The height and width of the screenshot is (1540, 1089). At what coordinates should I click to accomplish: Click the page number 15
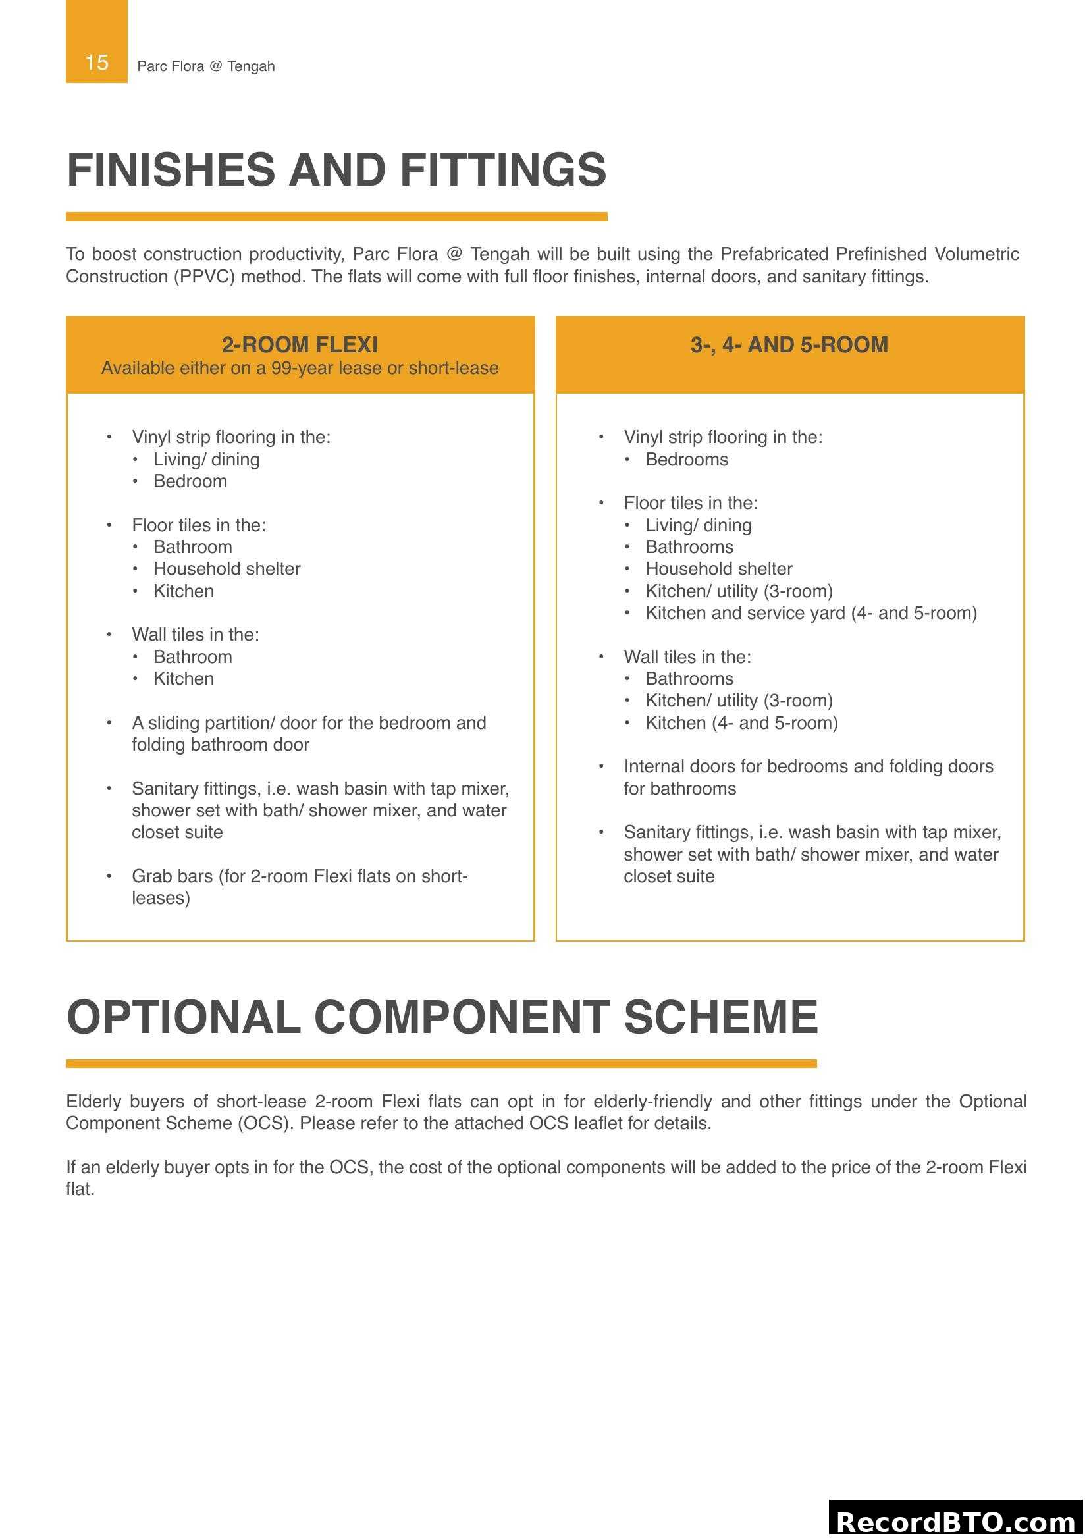pyautogui.click(x=97, y=63)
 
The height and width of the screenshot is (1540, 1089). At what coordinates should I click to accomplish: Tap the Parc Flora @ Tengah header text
pyautogui.click(x=206, y=66)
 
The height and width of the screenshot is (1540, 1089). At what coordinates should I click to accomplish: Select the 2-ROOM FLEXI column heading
pyautogui.click(x=300, y=345)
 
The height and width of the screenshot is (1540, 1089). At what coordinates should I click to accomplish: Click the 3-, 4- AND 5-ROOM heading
pyautogui.click(x=789, y=345)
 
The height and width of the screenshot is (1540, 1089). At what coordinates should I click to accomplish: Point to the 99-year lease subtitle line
pyautogui.click(x=300, y=368)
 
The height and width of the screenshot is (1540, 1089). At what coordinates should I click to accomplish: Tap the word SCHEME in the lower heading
pyautogui.click(x=721, y=1017)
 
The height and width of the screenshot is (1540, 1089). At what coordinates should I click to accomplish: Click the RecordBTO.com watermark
pyautogui.click(x=955, y=1521)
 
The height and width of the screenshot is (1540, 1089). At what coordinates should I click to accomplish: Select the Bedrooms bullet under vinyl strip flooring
pyautogui.click(x=687, y=460)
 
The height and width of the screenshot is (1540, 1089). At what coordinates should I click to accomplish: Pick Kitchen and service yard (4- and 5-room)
pyautogui.click(x=810, y=613)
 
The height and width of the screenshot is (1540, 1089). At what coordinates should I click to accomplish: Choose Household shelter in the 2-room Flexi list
pyautogui.click(x=226, y=569)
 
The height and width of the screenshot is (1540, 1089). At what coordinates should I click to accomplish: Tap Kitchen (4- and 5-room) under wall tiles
pyautogui.click(x=741, y=723)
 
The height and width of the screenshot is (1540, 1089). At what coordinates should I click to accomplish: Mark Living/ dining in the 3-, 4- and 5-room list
pyautogui.click(x=698, y=525)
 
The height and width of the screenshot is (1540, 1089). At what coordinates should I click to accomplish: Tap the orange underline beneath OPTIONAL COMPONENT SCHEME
pyautogui.click(x=440, y=1063)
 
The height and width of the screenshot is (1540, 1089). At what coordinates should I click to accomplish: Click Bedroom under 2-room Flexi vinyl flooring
pyautogui.click(x=190, y=481)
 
